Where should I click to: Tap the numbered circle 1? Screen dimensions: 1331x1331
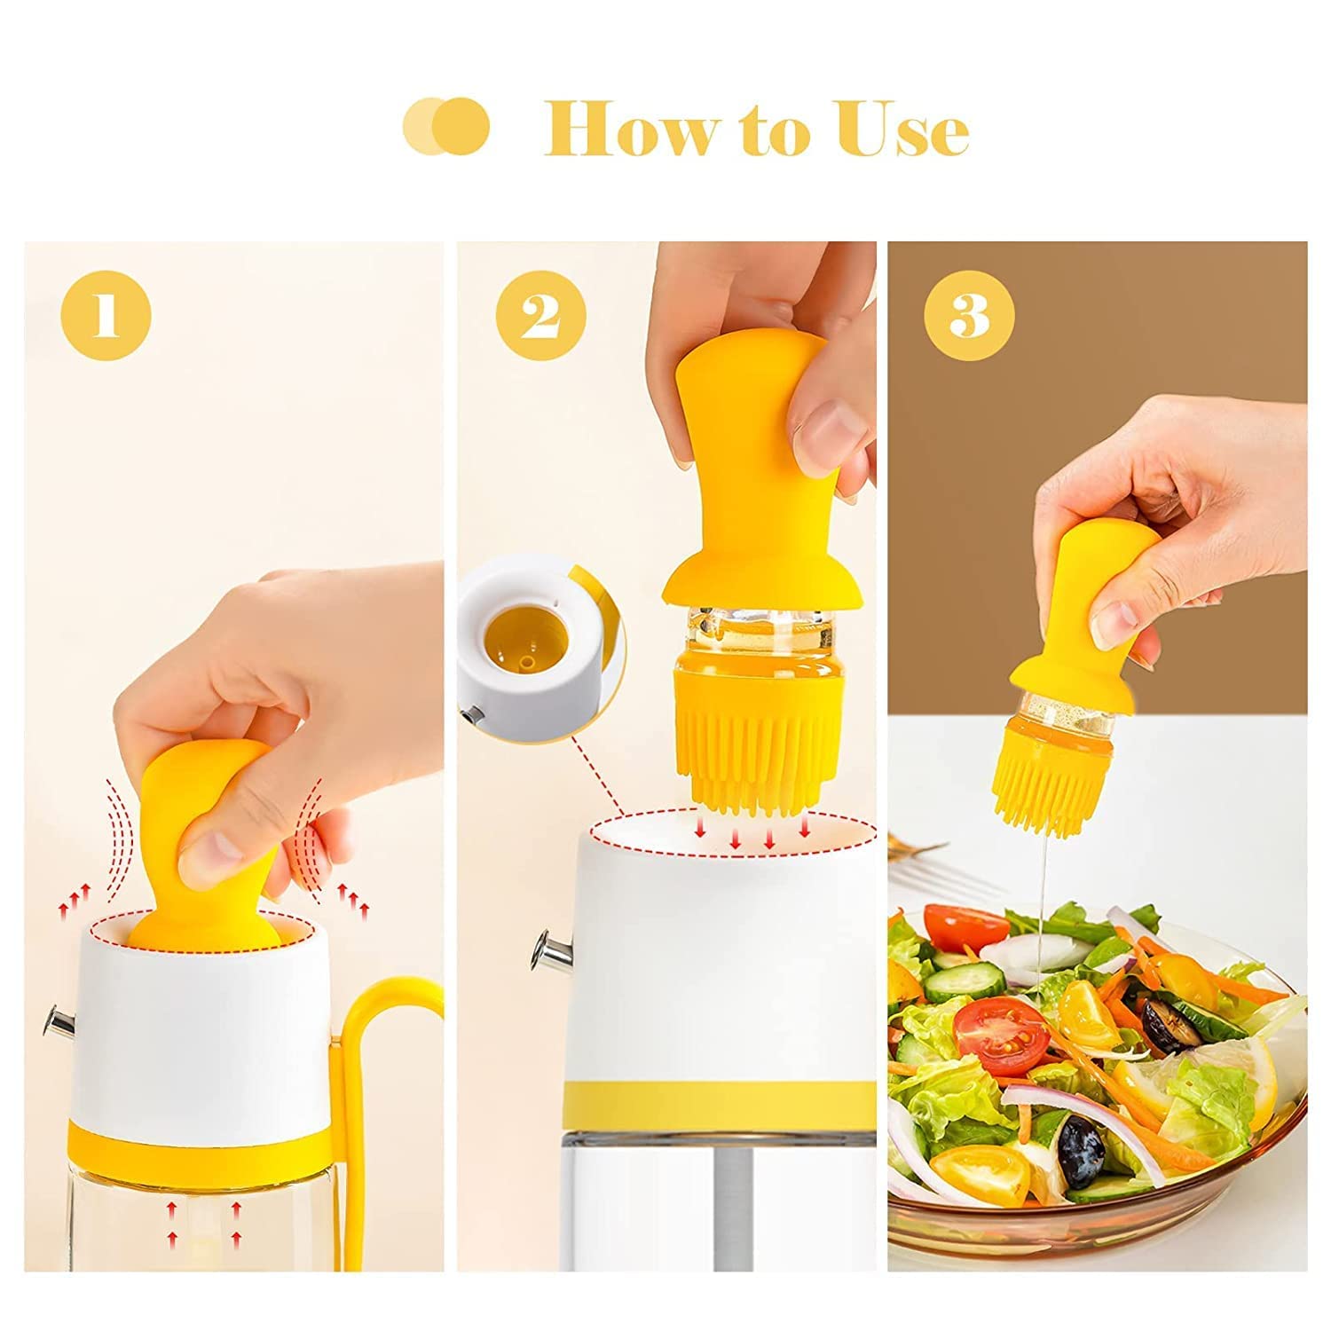coord(106,317)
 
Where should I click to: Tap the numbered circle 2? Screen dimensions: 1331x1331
coord(540,317)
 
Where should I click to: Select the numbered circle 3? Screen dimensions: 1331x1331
coord(969,317)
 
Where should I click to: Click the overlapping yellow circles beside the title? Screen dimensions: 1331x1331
coord(445,128)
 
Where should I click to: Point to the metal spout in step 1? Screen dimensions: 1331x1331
coord(59,1022)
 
